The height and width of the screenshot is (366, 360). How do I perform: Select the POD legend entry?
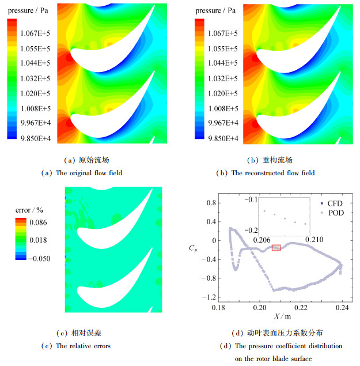[x=334, y=212]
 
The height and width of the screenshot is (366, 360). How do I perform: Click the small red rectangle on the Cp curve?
[x=276, y=248]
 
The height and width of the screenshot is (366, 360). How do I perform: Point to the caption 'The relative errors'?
[x=83, y=346]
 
